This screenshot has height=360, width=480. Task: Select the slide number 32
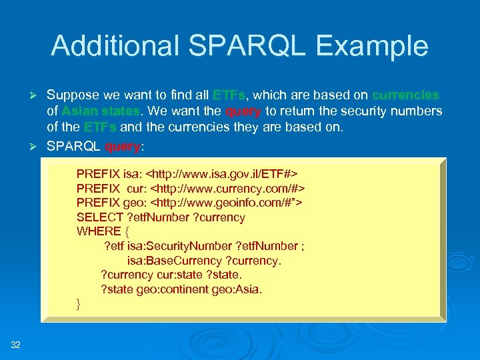tap(16, 344)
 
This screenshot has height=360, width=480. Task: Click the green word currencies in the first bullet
tap(405, 95)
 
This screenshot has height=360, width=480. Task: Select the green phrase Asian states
tap(101, 111)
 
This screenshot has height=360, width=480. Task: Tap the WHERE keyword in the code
tap(98, 232)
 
